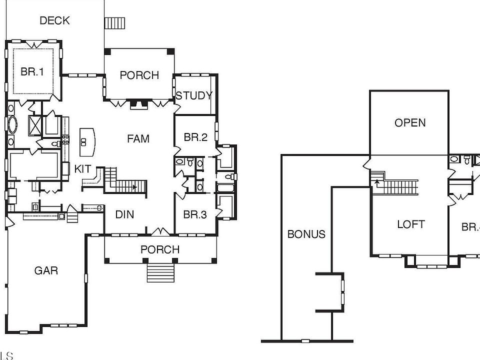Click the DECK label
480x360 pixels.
tap(54, 20)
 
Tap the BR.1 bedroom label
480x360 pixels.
tap(32, 71)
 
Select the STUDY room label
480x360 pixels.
tap(194, 95)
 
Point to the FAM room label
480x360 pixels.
tap(138, 138)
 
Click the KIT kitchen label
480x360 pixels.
tap(83, 169)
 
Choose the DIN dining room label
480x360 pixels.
tap(124, 214)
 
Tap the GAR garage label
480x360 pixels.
tap(46, 270)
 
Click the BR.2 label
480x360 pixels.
tap(195, 137)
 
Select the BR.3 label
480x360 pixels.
tap(195, 214)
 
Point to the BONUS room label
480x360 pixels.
tap(306, 234)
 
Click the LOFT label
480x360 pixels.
tap(411, 224)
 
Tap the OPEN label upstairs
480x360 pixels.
tap(410, 122)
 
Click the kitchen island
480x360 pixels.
tap(87, 141)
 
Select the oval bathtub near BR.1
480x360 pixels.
tap(11, 124)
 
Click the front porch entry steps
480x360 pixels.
tap(160, 273)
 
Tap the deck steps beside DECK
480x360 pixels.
tap(114, 23)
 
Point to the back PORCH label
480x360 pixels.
tap(139, 75)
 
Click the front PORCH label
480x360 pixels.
tap(160, 249)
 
